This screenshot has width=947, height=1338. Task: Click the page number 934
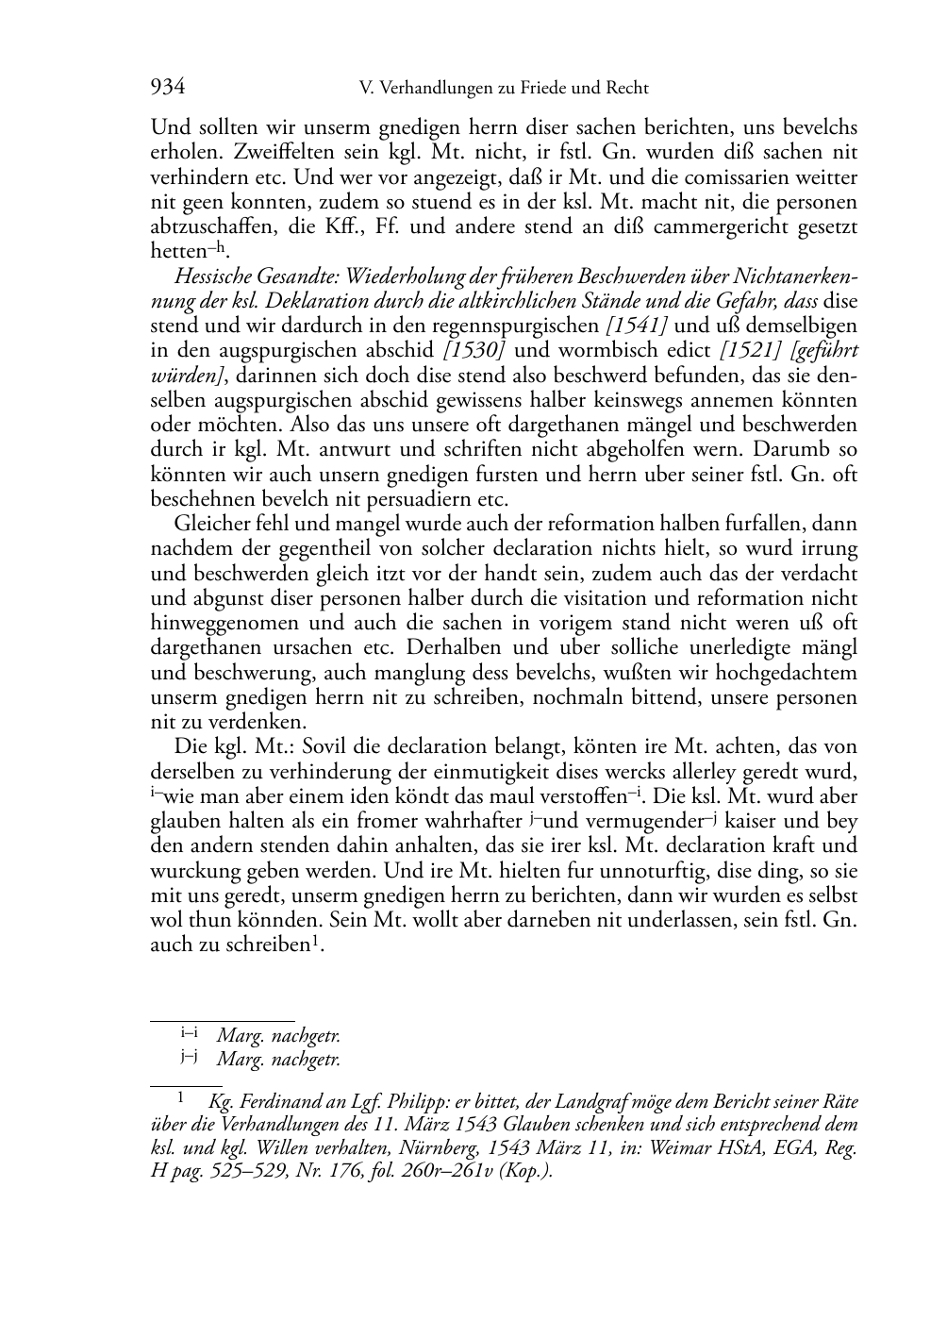click(167, 88)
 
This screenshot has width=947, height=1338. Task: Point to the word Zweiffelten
click(249, 152)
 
